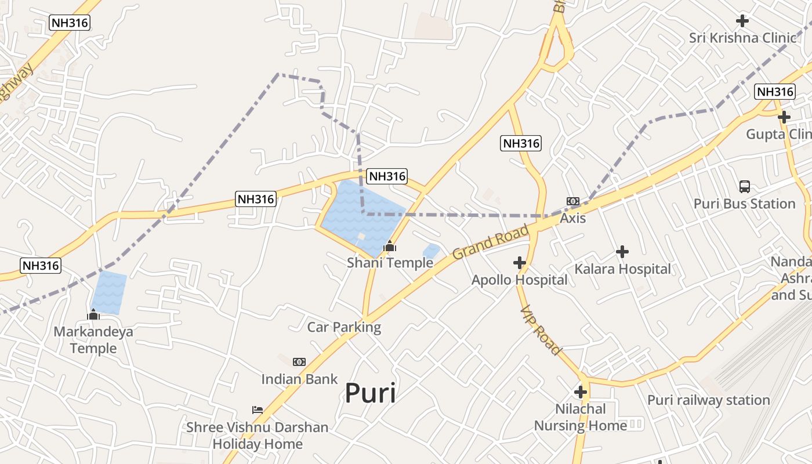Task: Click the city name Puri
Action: pyautogui.click(x=370, y=393)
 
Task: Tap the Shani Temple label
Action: pyautogui.click(x=390, y=263)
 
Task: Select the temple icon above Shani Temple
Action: pyautogui.click(x=390, y=246)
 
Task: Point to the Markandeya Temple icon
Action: pyautogui.click(x=93, y=315)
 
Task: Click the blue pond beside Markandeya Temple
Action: pyautogui.click(x=109, y=292)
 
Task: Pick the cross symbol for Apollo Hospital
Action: pyautogui.click(x=520, y=263)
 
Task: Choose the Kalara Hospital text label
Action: pyautogui.click(x=622, y=269)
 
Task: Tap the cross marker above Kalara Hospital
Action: pyautogui.click(x=622, y=252)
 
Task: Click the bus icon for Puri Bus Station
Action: pyautogui.click(x=745, y=187)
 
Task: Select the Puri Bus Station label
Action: pyautogui.click(x=745, y=204)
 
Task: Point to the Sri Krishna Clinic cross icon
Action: pyautogui.click(x=742, y=21)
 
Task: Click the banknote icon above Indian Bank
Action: pyautogui.click(x=299, y=362)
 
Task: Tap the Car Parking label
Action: pyautogui.click(x=344, y=327)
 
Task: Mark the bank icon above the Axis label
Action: pyautogui.click(x=573, y=201)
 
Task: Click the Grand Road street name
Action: pyautogui.click(x=491, y=242)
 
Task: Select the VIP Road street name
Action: pyautogui.click(x=541, y=330)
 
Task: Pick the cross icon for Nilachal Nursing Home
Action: pyautogui.click(x=581, y=392)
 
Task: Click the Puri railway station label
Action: pyautogui.click(x=708, y=400)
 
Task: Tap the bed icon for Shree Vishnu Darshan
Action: pyautogui.click(x=258, y=410)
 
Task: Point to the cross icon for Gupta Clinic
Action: pyautogui.click(x=784, y=117)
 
